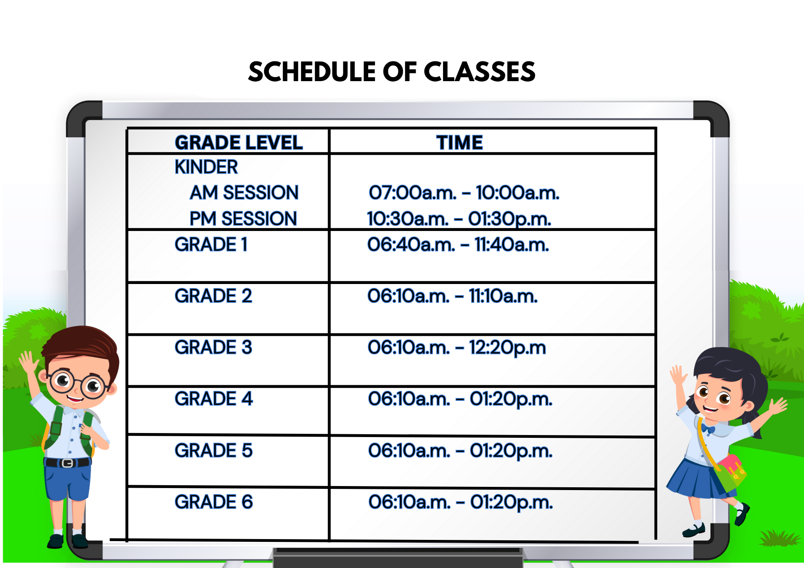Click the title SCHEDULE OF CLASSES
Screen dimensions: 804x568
click(392, 72)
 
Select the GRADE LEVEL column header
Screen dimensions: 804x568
click(239, 143)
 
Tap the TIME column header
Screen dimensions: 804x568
click(459, 143)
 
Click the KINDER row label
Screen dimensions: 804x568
click(206, 167)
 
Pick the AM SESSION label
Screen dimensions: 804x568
click(244, 192)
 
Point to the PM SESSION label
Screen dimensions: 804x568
click(243, 219)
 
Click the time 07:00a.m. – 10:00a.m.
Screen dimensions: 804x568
click(464, 193)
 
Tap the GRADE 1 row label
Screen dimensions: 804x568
click(211, 245)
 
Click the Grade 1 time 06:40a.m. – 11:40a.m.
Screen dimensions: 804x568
click(458, 245)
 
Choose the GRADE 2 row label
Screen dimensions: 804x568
click(213, 296)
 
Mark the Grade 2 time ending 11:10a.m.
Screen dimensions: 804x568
click(453, 296)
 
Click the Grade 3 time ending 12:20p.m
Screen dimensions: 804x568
click(457, 348)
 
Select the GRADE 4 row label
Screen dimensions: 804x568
click(214, 399)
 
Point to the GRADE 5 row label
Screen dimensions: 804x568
click(214, 450)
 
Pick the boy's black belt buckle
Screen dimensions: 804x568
click(67, 463)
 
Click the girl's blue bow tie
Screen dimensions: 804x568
click(708, 429)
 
